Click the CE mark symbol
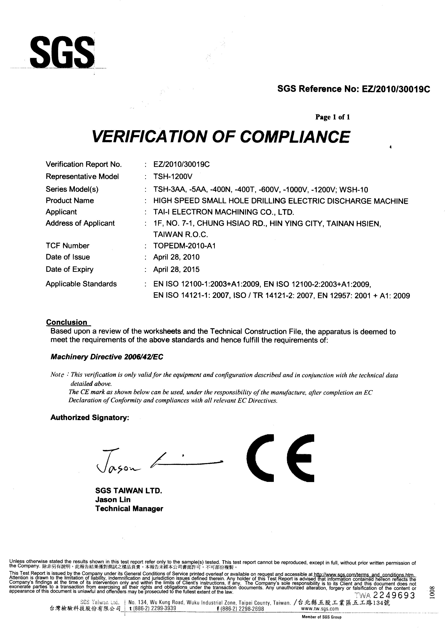pos(280,458)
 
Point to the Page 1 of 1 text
pos(332,117)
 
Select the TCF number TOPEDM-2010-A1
pos(184,246)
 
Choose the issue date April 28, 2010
pos(176,257)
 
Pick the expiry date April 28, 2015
pos(176,270)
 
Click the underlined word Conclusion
pos(67,322)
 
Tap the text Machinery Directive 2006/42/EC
pos(107,357)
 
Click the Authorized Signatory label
pos(90,418)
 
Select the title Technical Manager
pos(129,509)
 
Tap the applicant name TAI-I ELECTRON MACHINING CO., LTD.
pos(224,212)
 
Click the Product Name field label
pos(70,201)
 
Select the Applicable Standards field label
pos(81,284)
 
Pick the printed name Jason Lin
pos(113,500)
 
